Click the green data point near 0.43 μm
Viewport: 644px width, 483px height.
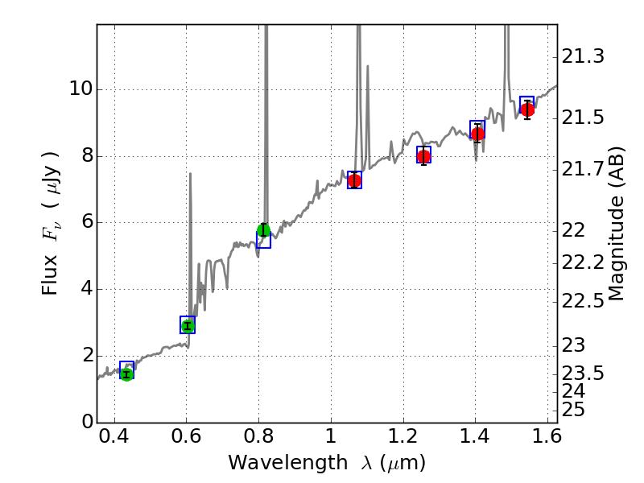(126, 374)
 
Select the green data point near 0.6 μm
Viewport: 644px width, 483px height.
(188, 325)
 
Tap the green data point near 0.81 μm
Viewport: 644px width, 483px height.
(263, 231)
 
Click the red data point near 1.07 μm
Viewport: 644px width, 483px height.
(354, 180)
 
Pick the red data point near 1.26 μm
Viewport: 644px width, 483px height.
(423, 156)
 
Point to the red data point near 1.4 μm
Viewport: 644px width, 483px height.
(477, 134)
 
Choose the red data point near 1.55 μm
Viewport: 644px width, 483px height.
(527, 109)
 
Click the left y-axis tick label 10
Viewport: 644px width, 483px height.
(78, 89)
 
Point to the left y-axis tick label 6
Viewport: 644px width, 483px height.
(83, 222)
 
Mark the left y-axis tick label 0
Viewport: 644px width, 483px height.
(83, 423)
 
